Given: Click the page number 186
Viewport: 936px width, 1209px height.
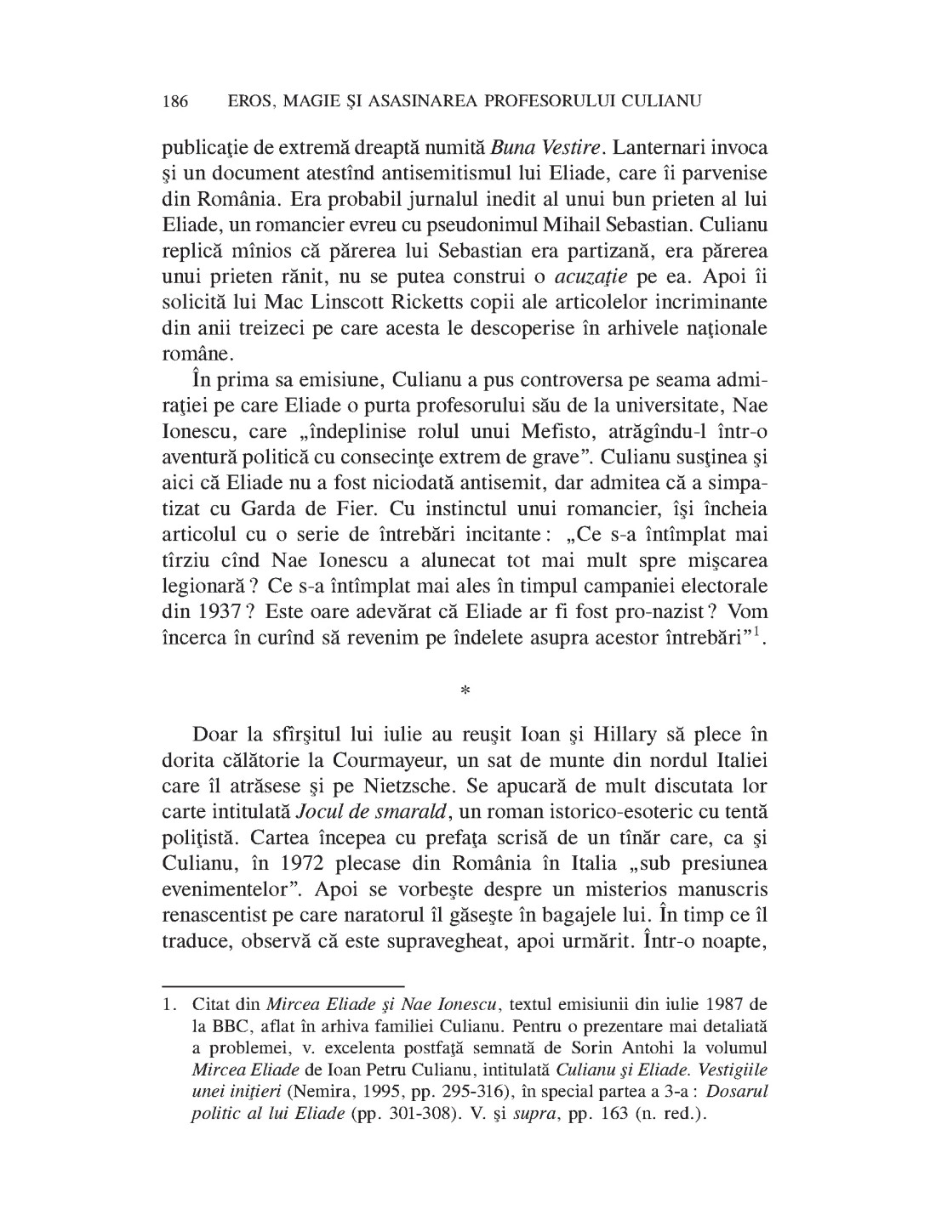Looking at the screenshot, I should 174,101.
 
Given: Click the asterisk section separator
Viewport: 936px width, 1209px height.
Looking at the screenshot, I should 465,691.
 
